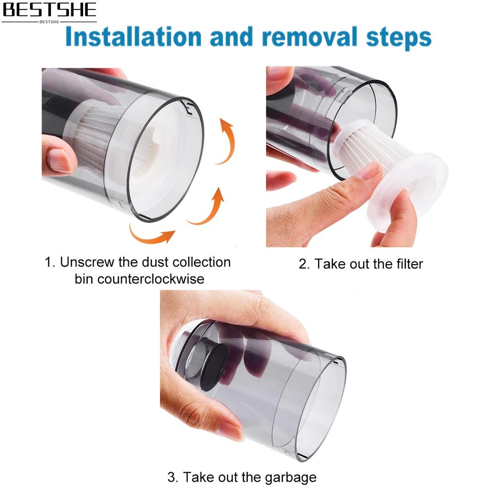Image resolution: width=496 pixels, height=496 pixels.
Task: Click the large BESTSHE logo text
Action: click(x=50, y=10)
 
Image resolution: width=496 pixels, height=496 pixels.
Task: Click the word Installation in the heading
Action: click(x=133, y=37)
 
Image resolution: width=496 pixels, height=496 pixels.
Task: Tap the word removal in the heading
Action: click(x=309, y=37)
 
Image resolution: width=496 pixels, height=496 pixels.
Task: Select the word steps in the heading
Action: click(x=398, y=39)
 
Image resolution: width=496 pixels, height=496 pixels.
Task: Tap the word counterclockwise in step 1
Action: click(x=151, y=279)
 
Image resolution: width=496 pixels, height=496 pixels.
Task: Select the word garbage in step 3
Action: click(x=290, y=478)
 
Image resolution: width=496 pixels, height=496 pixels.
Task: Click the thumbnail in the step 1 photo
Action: click(x=60, y=160)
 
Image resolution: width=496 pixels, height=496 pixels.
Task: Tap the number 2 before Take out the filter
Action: click(x=303, y=264)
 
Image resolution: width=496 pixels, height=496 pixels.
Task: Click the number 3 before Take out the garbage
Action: click(x=172, y=477)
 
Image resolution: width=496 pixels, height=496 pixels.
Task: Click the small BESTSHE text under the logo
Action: click(x=50, y=22)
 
